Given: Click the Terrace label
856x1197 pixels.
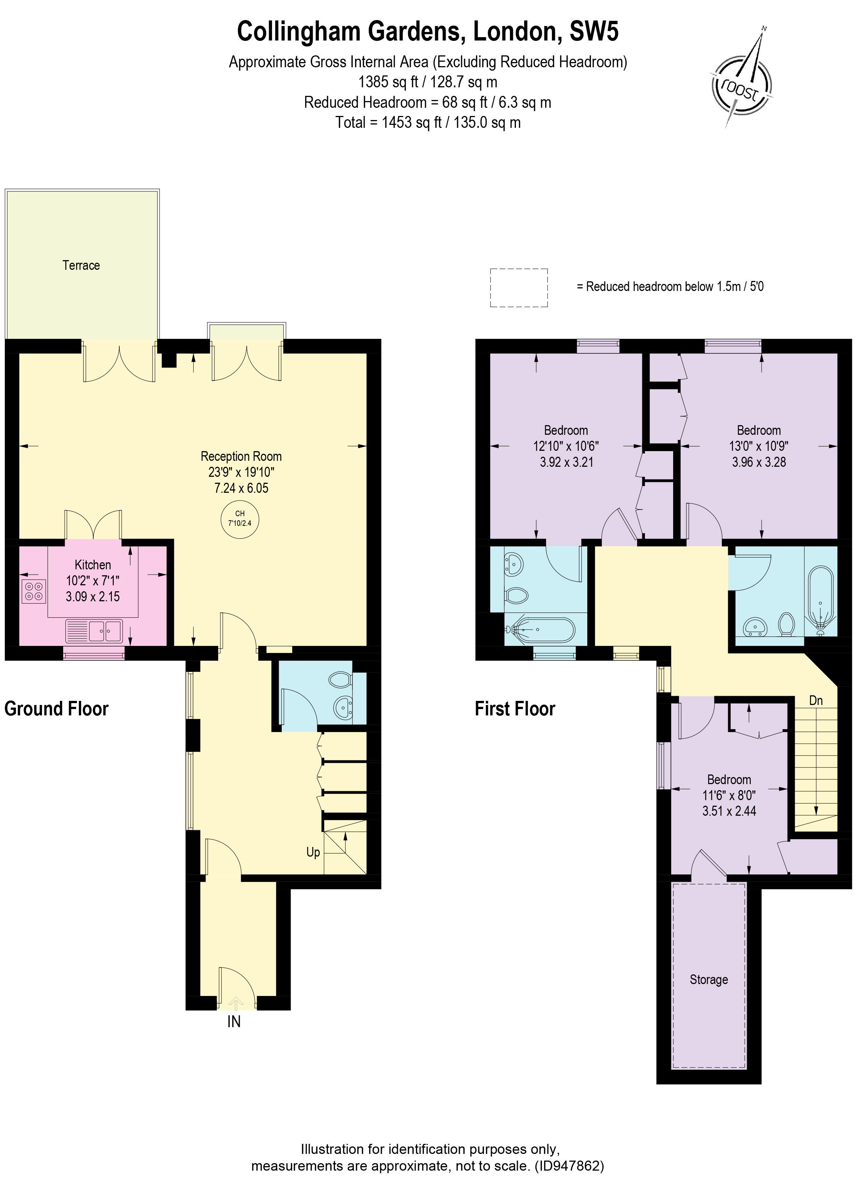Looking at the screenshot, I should point(81,265).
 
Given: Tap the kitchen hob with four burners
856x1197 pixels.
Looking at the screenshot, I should point(34,591).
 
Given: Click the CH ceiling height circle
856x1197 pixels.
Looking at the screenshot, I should point(240,518).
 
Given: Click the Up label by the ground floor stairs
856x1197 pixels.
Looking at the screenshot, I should point(313,852).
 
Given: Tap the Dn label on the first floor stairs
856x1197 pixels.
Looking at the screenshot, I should point(815,700).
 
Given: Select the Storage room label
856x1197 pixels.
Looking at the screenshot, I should point(708,979).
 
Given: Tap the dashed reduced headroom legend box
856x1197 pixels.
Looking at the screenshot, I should point(519,288).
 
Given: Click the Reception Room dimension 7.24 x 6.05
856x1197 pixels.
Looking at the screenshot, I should point(241,488).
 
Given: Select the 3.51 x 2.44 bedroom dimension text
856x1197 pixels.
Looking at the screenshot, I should point(729,811).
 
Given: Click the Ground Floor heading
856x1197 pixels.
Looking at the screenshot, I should point(56,709).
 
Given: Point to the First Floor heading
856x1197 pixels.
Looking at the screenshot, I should point(514,709).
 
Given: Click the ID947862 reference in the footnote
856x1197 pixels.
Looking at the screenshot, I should point(569,1166).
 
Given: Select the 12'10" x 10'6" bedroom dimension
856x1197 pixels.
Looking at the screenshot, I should point(566,446).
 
